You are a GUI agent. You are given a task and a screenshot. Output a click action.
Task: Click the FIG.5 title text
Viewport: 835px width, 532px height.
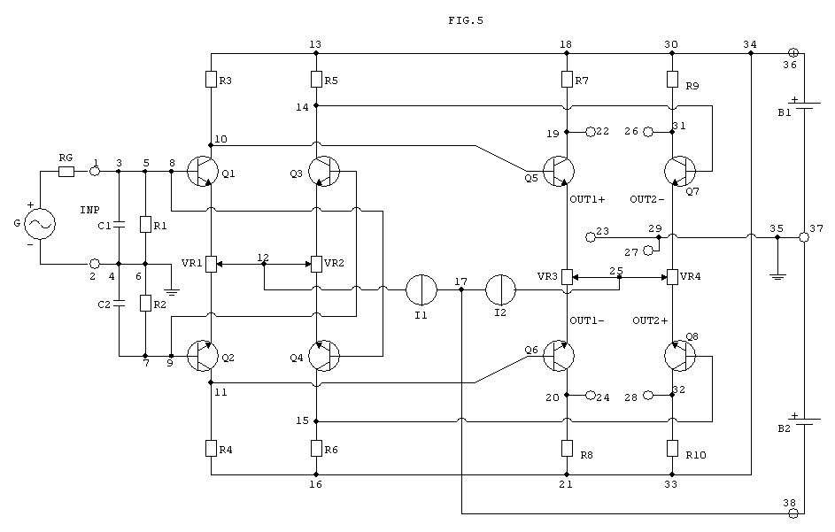coord(466,20)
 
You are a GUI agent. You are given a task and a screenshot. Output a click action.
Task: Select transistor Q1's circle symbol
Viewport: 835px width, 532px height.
coord(203,172)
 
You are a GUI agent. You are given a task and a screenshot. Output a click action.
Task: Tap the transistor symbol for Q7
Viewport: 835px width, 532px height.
coord(680,172)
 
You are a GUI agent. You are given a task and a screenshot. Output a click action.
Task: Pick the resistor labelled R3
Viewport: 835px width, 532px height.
coord(211,80)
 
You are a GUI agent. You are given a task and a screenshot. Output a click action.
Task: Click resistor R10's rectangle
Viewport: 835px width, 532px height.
coord(673,449)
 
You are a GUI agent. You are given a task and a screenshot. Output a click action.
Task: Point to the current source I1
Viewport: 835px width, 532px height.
coord(421,289)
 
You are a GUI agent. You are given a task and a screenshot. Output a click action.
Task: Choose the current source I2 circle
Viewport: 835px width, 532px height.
coord(500,289)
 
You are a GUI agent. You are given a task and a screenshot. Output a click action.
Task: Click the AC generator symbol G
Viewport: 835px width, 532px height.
coord(40,224)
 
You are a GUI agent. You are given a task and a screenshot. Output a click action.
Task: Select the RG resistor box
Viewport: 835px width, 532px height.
coord(66,172)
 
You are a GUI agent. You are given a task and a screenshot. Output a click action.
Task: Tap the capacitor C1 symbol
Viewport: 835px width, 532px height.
coord(119,224)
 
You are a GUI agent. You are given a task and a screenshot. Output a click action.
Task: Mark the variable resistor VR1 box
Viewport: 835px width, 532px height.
coord(212,264)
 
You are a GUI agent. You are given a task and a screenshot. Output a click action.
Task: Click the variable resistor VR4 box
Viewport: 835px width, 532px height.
coord(673,277)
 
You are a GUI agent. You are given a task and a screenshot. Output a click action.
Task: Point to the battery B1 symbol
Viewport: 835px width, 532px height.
coord(804,105)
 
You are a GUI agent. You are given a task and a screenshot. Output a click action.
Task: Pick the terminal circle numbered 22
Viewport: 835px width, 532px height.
coord(590,132)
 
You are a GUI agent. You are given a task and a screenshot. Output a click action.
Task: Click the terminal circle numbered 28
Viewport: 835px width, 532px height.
coord(647,395)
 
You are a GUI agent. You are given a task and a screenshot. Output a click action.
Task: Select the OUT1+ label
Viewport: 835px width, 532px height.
coord(587,199)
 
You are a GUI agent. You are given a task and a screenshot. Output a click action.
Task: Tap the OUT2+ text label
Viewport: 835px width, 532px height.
coord(650,320)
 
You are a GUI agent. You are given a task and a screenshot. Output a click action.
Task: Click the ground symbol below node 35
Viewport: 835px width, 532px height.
coord(777,276)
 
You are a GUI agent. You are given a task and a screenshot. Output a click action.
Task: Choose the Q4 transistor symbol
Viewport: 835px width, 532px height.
coord(324,356)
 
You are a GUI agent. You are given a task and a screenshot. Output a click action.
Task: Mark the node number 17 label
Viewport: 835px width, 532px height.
coord(461,281)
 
